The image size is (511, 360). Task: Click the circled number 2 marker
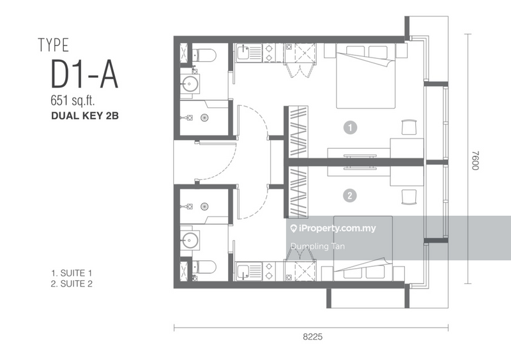(x=349, y=195)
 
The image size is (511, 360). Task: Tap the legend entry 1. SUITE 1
(x=73, y=273)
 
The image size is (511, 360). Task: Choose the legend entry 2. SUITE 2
(x=73, y=284)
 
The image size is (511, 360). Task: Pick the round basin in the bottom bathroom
(x=190, y=240)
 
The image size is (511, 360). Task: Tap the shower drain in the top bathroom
(x=205, y=117)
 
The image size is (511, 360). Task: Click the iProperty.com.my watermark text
(x=337, y=229)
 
